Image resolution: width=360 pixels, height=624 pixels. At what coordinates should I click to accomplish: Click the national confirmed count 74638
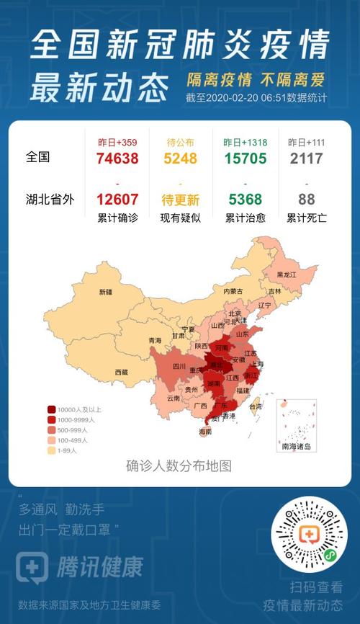[x=117, y=159]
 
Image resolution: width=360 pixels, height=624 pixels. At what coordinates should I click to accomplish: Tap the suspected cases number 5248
[x=180, y=159]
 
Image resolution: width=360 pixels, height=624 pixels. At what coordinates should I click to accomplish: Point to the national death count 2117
[x=306, y=159]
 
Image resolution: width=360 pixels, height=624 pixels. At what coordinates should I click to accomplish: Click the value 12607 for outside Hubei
[x=117, y=200]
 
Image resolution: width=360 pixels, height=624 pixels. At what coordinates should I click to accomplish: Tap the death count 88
[x=306, y=200]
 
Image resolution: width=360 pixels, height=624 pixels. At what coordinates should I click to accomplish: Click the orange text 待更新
[x=180, y=200]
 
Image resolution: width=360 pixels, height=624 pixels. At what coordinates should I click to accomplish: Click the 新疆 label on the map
[x=106, y=292]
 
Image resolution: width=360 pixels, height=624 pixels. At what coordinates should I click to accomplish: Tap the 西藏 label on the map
[x=121, y=372]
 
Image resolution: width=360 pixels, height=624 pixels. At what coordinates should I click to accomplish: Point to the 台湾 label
[x=256, y=406]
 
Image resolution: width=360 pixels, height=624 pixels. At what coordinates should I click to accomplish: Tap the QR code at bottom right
[x=309, y=535]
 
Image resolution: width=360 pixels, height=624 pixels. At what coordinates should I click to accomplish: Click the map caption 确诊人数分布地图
[x=179, y=465]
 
